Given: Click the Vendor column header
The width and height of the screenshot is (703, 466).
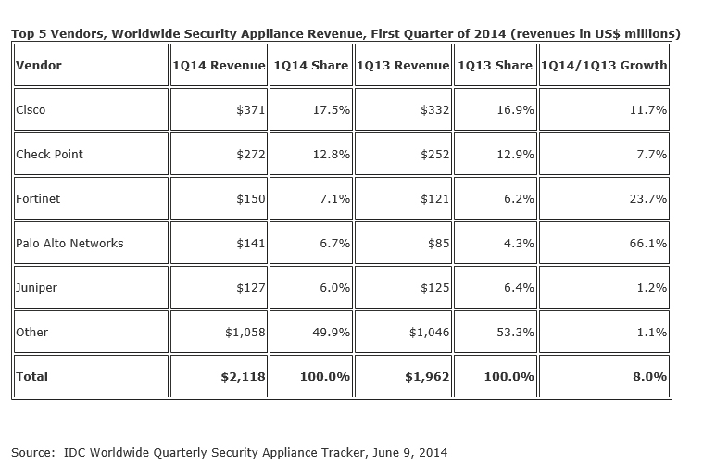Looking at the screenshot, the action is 39,65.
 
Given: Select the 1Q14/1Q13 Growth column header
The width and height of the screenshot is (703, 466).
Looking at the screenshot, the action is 604,65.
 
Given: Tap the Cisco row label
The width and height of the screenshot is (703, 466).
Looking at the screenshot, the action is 31,110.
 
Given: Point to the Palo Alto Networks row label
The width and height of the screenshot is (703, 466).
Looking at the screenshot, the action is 69,243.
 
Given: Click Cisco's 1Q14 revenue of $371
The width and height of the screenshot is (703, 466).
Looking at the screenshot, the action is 251,110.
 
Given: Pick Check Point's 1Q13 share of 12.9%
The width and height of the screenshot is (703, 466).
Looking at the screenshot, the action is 515,155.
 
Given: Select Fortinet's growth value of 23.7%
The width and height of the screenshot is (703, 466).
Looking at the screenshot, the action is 647,198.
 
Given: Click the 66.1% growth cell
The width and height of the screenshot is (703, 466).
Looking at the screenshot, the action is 647,243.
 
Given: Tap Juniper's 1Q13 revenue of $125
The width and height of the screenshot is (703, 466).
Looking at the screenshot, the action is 434,287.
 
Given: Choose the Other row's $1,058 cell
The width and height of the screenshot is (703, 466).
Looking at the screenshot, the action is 245,332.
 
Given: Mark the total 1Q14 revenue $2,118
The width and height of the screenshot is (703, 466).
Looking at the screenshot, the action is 243,376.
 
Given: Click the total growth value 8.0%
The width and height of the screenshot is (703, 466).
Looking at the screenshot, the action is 649,376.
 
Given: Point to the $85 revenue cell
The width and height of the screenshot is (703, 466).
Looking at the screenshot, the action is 438,243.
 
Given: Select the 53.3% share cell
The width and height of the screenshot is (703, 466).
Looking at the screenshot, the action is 515,332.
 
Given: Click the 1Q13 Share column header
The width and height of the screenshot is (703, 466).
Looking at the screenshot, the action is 495,65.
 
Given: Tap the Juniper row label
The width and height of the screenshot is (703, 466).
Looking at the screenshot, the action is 36,287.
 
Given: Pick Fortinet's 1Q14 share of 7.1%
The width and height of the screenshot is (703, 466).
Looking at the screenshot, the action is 334,198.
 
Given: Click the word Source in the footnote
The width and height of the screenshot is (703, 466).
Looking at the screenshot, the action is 31,452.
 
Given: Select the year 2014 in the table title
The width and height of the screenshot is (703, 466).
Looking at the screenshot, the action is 489,33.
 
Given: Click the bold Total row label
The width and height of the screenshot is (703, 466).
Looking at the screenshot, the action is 31,376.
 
